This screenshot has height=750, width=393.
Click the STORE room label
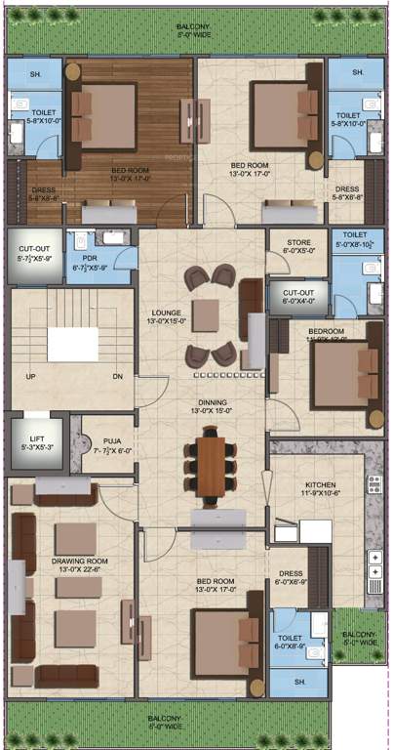click(298, 243)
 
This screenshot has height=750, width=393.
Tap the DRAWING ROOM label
click(78, 561)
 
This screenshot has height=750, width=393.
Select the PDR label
click(90, 258)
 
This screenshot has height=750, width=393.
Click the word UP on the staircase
click(31, 376)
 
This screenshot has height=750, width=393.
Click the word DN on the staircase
click(117, 376)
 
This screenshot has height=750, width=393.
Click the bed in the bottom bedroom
click(227, 639)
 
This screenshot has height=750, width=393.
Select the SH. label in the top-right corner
click(357, 73)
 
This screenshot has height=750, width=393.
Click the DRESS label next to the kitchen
click(292, 575)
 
